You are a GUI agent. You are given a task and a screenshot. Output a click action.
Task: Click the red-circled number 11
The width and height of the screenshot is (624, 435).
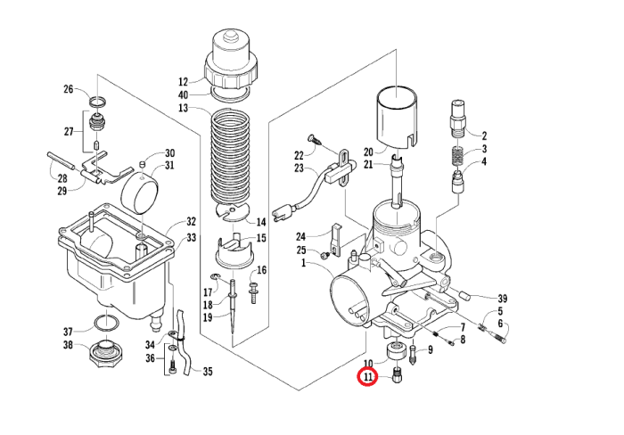point(367,377)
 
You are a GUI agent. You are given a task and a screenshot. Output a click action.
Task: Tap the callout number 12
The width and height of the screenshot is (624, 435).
point(183,82)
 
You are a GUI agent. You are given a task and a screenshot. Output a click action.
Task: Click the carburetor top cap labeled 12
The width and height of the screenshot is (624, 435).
point(231,60)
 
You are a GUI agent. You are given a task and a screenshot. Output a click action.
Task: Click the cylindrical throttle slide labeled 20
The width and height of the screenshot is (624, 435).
point(398,118)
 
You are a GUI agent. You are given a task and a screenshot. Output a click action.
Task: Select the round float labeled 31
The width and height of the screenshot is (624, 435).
point(139,193)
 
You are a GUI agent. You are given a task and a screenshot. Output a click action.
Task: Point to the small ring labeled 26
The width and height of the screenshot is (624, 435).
point(97,102)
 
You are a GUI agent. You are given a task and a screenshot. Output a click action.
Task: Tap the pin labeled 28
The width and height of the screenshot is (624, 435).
point(62,161)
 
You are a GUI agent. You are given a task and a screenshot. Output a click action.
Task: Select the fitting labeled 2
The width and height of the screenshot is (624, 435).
point(458,119)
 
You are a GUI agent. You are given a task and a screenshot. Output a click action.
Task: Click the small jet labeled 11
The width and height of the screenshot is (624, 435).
point(398,375)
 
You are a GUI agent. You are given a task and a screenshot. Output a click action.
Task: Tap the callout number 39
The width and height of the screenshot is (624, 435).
point(503,299)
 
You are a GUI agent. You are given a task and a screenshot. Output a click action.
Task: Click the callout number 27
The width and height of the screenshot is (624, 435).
point(69,131)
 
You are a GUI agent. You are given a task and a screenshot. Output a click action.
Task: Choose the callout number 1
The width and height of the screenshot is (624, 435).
point(303,263)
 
